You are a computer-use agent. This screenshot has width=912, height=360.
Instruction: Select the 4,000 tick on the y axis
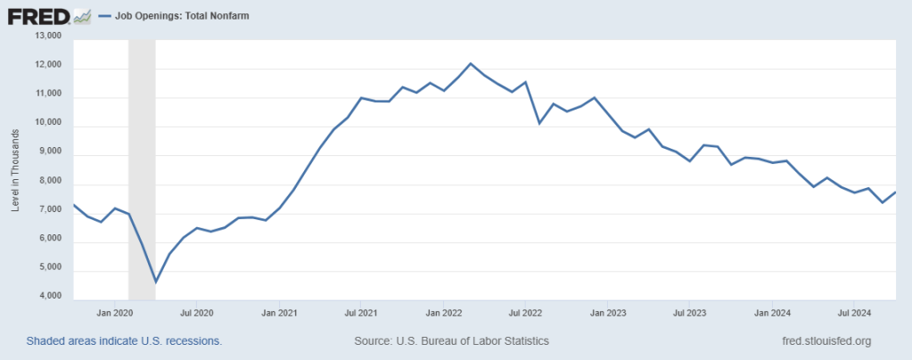pyautogui.click(x=47, y=296)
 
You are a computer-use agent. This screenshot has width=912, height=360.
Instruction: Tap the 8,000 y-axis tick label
pyautogui.click(x=47, y=181)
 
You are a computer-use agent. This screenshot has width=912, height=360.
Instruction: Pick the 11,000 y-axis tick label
pyautogui.click(x=47, y=94)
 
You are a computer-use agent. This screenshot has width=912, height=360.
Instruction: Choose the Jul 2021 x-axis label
pyautogui.click(x=360, y=314)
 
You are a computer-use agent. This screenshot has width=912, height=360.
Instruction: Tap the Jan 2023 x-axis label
pyautogui.click(x=609, y=314)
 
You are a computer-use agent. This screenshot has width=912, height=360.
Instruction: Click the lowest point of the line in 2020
pyautogui.click(x=156, y=282)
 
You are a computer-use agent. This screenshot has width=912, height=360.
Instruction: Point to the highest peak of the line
pyautogui.click(x=471, y=63)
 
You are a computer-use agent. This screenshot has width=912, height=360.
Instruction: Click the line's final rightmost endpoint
pyautogui.click(x=896, y=192)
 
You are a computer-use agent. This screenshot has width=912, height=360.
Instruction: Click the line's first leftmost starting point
pyautogui.click(x=73, y=205)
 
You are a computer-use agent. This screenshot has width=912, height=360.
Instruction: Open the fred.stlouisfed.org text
pyautogui.click(x=826, y=341)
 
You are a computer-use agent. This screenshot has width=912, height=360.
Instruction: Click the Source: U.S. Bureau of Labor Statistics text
pyautogui.click(x=451, y=341)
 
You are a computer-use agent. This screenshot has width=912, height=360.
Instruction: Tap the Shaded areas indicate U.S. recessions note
pyautogui.click(x=124, y=341)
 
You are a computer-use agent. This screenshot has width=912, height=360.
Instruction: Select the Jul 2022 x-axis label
pyautogui.click(x=525, y=314)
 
